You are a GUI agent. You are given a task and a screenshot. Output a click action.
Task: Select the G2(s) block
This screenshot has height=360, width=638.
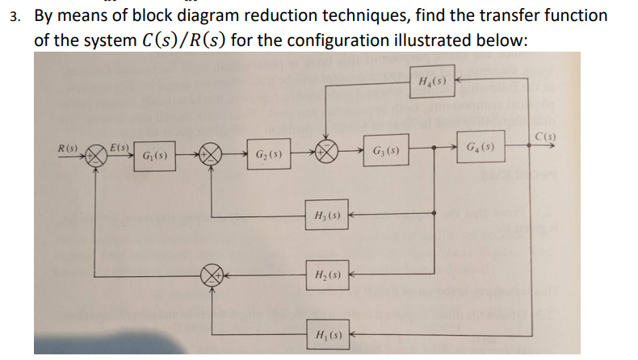pyautogui.click(x=269, y=154)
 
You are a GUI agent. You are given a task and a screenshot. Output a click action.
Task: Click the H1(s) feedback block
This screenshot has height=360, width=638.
pyautogui.click(x=326, y=333)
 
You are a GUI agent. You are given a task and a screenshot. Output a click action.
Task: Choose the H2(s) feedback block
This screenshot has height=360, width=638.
pyautogui.click(x=326, y=274)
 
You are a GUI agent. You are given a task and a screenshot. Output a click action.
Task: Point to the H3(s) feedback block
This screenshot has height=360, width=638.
pyautogui.click(x=326, y=216)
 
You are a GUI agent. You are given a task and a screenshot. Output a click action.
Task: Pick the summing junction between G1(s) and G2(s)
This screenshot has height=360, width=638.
pyautogui.click(x=212, y=154)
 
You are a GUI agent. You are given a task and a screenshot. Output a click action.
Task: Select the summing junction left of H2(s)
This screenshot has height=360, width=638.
pyautogui.click(x=212, y=274)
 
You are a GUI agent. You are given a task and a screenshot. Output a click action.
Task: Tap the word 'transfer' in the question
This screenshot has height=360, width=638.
pyautogui.click(x=506, y=15)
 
